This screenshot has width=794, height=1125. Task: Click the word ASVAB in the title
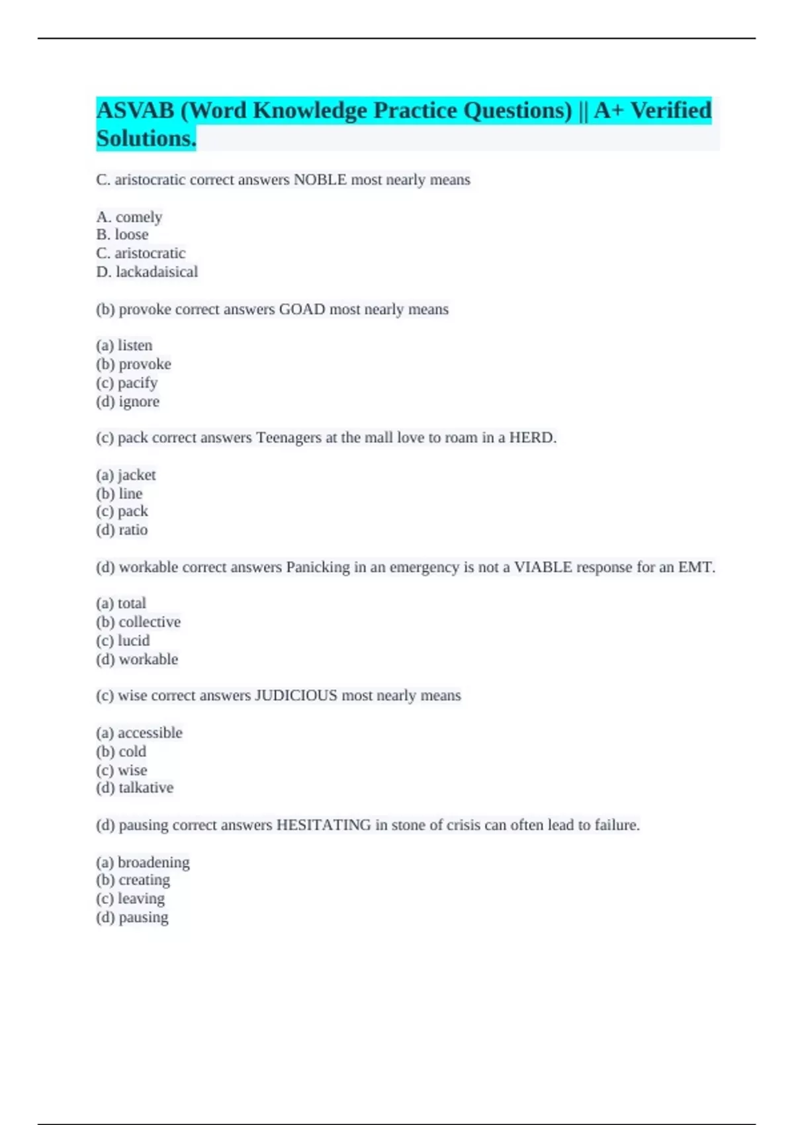[x=135, y=111]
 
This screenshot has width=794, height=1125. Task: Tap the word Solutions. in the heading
[x=146, y=139]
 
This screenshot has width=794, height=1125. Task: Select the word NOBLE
[x=320, y=180]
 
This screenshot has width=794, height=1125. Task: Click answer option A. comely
[x=129, y=217]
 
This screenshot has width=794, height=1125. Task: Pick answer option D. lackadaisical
[x=147, y=272]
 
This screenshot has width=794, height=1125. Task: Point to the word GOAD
[x=302, y=310]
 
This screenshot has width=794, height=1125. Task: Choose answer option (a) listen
[x=124, y=345]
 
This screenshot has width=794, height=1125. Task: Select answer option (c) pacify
[x=127, y=383]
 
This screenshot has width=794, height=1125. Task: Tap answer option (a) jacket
[x=126, y=475]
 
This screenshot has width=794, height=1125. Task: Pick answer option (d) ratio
[x=122, y=530]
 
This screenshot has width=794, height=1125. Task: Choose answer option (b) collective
[x=138, y=622]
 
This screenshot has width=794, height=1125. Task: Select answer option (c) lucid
[x=123, y=641]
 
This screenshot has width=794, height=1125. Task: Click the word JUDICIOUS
[x=296, y=696]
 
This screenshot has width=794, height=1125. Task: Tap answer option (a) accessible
[x=139, y=733]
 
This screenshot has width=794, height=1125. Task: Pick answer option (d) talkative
[x=135, y=788]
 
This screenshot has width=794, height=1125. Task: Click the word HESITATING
[x=323, y=825]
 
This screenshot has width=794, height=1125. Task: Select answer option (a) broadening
[x=143, y=862]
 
